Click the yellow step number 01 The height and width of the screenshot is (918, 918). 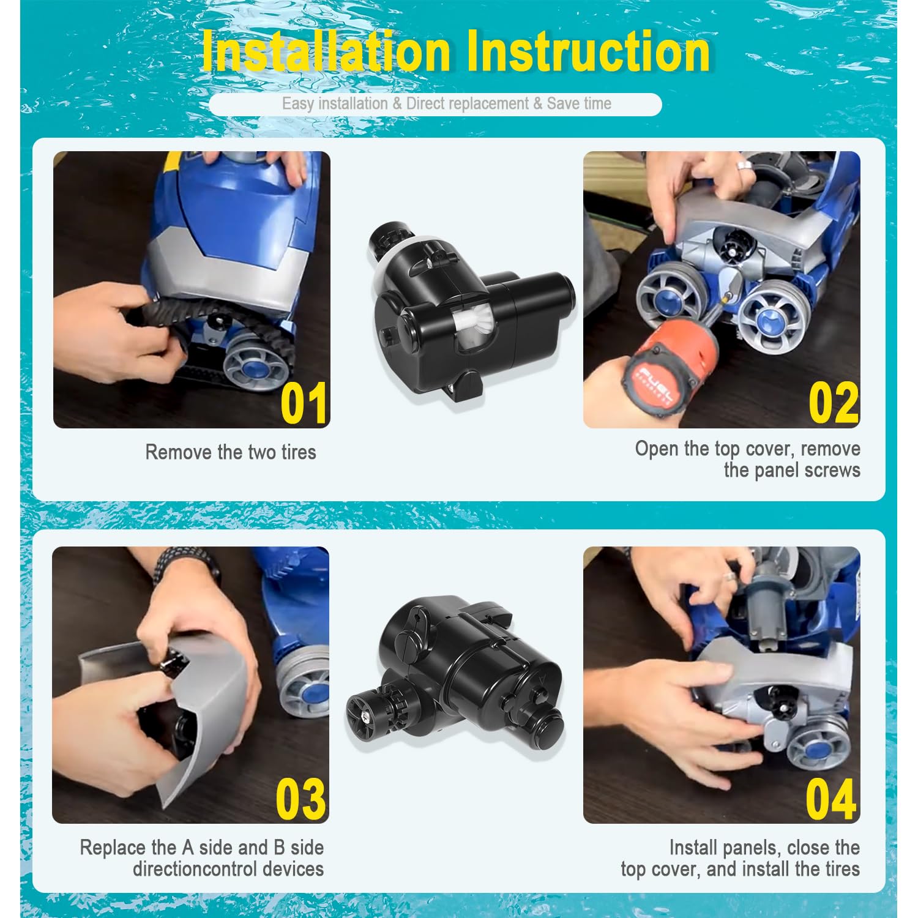click(304, 403)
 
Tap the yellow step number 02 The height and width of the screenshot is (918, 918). click(834, 403)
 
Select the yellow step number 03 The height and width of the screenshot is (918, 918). click(300, 799)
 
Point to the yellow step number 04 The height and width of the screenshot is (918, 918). click(830, 799)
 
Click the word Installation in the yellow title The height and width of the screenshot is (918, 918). click(326, 51)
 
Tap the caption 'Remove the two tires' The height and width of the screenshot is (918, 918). click(231, 452)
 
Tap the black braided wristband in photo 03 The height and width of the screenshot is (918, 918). click(184, 564)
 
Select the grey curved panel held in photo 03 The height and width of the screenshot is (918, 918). click(177, 704)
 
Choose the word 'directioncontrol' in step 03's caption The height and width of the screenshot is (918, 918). click(195, 869)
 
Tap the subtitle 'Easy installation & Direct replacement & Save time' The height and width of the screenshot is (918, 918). click(447, 103)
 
